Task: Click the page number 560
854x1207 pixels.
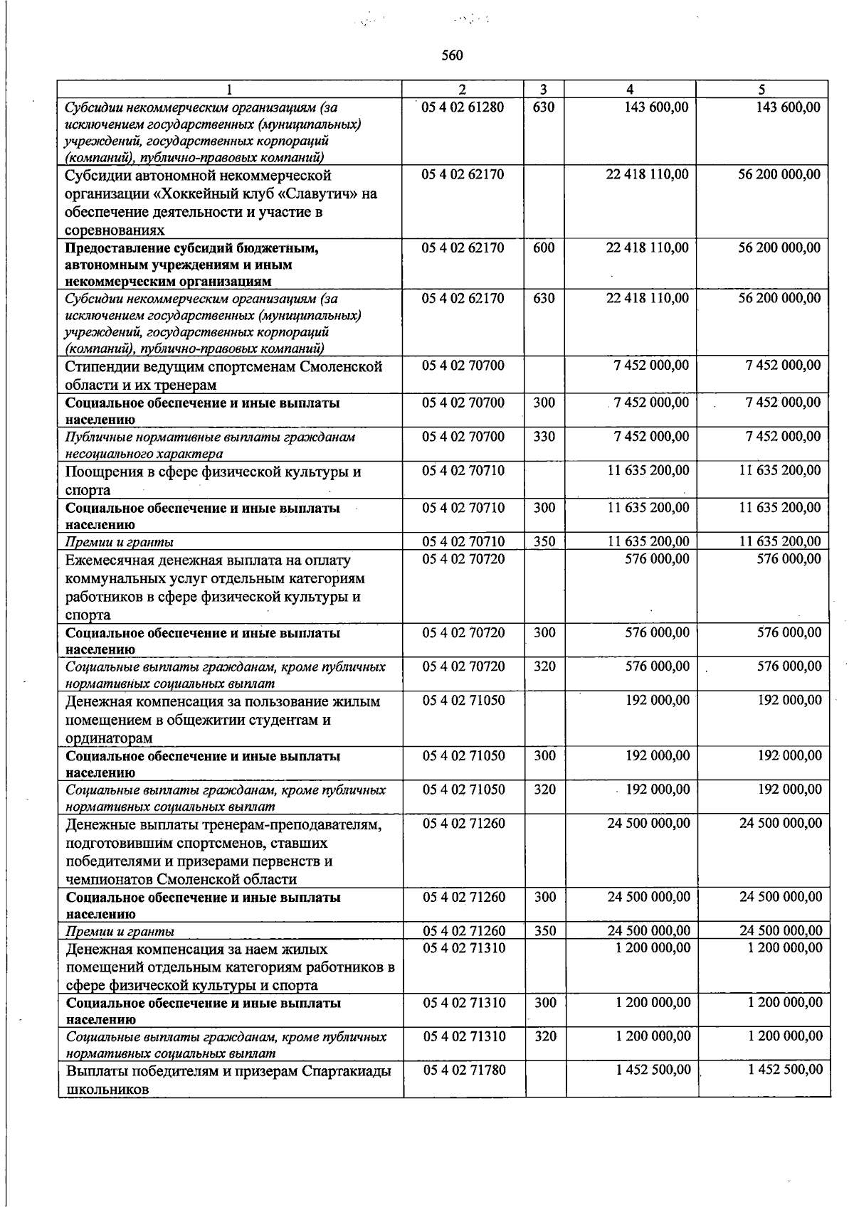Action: pyautogui.click(x=452, y=55)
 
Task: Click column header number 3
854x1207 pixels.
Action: pyautogui.click(x=544, y=90)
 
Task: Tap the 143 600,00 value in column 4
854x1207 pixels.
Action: pyautogui.click(x=653, y=107)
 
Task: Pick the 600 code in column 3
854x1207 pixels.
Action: pyautogui.click(x=544, y=248)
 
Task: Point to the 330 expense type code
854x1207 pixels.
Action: pyautogui.click(x=544, y=437)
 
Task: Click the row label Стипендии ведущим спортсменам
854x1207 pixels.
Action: pyautogui.click(x=223, y=367)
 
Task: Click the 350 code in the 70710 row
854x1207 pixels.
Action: pyautogui.click(x=544, y=542)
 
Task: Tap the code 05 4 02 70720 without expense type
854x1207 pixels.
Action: pyautogui.click(x=463, y=560)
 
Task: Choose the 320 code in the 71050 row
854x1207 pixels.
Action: pyautogui.click(x=544, y=789)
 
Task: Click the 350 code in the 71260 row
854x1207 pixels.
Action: pyautogui.click(x=545, y=931)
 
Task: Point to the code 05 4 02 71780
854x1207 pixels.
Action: pyautogui.click(x=464, y=1070)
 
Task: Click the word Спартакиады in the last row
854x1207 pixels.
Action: pyautogui.click(x=346, y=1071)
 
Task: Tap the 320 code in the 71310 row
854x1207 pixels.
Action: pyautogui.click(x=545, y=1037)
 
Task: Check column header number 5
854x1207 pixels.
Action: pyautogui.click(x=761, y=90)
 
